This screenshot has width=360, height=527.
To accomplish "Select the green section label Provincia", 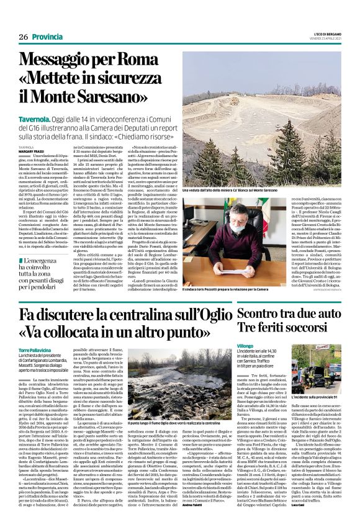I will (x=47, y=37).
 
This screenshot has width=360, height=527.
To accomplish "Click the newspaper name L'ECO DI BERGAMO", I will (x=322, y=34).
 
